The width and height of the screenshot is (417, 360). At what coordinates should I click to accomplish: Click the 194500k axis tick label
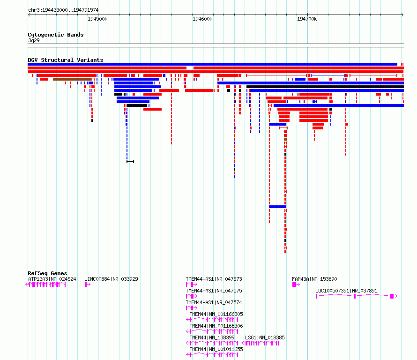(97, 19)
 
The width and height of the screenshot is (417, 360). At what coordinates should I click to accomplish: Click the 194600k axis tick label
(202, 19)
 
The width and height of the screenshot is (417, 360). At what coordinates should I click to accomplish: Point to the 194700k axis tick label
(307, 19)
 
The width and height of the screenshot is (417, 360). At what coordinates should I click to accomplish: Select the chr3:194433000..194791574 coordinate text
(63, 10)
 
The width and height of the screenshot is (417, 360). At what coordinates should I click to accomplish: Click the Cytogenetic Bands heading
(56, 35)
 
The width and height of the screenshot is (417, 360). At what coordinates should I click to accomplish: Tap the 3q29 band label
(34, 40)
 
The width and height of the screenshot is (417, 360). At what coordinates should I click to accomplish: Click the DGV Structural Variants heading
(66, 60)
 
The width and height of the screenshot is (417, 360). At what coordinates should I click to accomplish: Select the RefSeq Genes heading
(47, 273)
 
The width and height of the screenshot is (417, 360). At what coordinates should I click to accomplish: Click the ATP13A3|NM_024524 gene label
(52, 279)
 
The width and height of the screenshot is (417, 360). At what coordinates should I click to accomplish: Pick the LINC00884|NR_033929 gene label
(111, 279)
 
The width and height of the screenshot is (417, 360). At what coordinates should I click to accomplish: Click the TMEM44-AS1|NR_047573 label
(214, 279)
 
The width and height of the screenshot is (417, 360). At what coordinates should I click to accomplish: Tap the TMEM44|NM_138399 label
(212, 337)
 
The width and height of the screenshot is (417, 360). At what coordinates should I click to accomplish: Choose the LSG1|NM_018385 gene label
(265, 337)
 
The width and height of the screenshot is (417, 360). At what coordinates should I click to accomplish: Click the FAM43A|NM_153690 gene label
(314, 279)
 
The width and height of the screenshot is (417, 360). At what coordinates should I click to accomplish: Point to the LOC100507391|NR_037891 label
(346, 291)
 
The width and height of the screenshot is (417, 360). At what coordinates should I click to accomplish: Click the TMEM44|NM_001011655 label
(216, 349)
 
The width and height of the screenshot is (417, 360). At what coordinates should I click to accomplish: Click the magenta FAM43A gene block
(294, 285)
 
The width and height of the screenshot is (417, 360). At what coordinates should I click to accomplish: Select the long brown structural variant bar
(72, 79)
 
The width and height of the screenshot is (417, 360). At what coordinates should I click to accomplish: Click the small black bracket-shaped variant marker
(130, 162)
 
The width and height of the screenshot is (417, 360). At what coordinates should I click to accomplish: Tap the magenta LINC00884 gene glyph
(87, 285)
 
